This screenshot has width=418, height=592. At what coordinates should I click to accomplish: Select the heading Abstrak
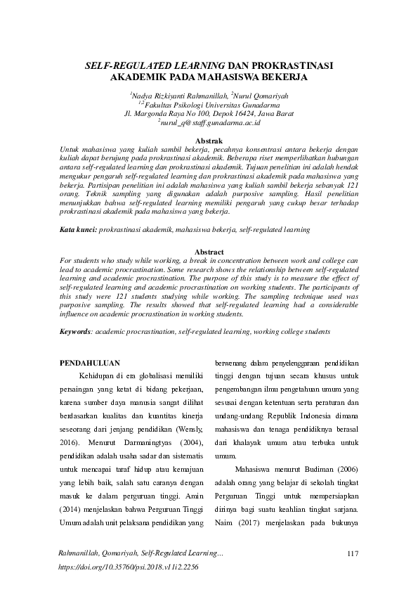[x=209, y=141]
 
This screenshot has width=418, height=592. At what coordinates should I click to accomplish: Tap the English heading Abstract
[x=209, y=252]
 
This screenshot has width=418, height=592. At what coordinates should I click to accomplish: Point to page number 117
[x=353, y=555]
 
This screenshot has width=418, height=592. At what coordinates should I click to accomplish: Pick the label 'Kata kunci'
[x=77, y=230]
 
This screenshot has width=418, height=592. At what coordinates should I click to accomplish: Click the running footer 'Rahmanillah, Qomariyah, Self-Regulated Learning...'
[x=139, y=555]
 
